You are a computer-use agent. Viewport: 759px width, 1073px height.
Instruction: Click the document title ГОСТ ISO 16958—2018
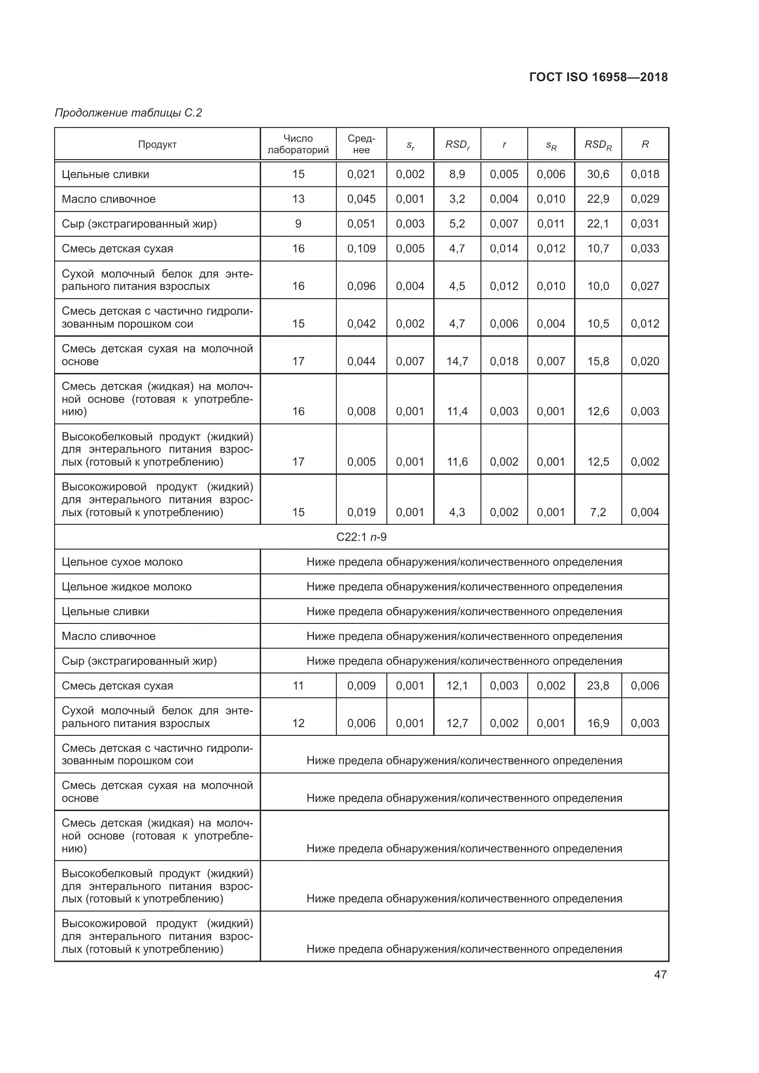tap(598, 77)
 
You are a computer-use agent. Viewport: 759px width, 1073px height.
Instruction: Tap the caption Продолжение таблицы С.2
tap(128, 113)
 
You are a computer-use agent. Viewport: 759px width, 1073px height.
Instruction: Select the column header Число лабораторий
tap(298, 144)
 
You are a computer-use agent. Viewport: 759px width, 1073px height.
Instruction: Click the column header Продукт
tap(157, 145)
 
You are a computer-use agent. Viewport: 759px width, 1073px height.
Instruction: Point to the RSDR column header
tap(598, 145)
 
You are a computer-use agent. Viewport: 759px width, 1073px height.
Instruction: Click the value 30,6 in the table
tap(598, 174)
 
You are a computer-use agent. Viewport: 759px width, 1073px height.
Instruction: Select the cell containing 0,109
tap(361, 249)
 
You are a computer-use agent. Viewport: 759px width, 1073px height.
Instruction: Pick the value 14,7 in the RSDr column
tap(457, 361)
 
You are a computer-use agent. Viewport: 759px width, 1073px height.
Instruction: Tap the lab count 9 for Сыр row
tap(298, 224)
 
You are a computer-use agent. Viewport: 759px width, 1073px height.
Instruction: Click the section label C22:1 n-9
tap(361, 537)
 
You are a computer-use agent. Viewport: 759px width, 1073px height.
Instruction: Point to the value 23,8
tap(598, 685)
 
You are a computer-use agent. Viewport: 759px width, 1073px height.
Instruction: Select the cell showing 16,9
tap(598, 723)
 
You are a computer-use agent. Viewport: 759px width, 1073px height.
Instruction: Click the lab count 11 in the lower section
tap(298, 685)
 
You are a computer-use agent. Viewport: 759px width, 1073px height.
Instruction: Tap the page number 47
tap(660, 974)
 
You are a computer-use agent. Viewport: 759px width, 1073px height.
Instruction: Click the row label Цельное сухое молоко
tap(122, 562)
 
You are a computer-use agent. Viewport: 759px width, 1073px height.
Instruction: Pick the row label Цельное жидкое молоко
tap(126, 587)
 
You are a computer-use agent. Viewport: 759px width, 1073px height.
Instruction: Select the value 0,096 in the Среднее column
tap(361, 286)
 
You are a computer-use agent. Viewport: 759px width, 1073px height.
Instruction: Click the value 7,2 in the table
tap(598, 512)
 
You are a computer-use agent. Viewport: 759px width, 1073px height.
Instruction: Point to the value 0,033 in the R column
tap(644, 249)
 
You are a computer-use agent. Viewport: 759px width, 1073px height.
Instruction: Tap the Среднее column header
tap(361, 144)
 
